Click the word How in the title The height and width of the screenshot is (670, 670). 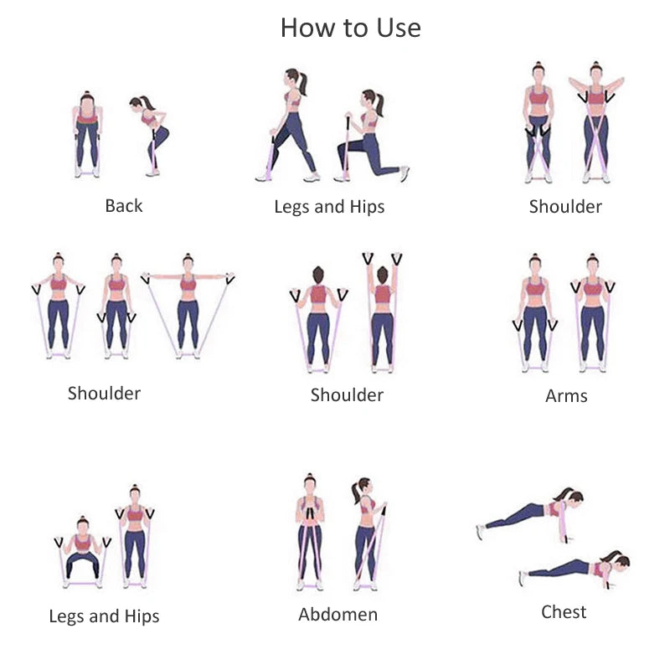click(308, 28)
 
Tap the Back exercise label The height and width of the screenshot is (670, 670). click(123, 205)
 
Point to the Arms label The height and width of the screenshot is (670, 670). click(566, 395)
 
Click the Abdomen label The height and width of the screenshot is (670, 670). click(338, 615)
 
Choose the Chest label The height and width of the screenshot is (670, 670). click(564, 612)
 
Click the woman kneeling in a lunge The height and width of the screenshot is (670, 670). click(371, 136)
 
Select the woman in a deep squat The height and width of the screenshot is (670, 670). click(82, 553)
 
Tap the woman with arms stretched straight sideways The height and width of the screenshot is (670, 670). click(188, 306)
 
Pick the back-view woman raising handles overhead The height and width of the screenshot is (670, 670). click(383, 312)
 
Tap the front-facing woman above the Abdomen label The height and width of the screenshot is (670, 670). click(310, 532)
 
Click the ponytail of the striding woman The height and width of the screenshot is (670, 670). click(302, 83)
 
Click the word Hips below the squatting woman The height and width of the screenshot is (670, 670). click(142, 616)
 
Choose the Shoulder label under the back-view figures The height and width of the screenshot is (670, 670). click(347, 394)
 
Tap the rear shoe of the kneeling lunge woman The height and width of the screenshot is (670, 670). click(405, 173)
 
